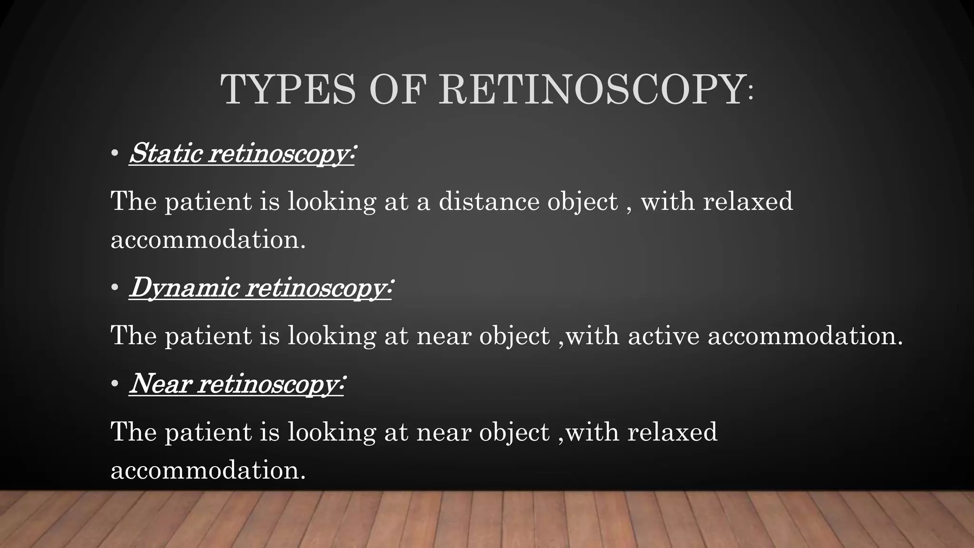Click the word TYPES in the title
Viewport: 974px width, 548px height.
tap(288, 90)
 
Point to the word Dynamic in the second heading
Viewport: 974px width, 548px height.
tap(184, 287)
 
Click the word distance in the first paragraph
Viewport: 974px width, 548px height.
tap(489, 201)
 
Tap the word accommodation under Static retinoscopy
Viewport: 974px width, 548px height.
tap(208, 239)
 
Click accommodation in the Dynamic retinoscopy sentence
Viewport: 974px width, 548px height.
tap(805, 336)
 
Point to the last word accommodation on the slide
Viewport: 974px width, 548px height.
tap(208, 470)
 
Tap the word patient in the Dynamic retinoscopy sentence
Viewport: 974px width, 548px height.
tap(208, 336)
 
